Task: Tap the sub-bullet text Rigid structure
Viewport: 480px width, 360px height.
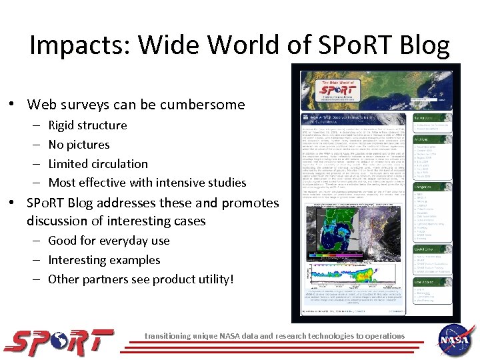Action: pos(87,125)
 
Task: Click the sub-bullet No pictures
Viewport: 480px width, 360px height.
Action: pos(79,145)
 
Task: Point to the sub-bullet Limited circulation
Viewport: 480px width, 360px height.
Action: pos(98,163)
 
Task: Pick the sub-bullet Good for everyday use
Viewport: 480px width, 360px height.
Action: pos(109,241)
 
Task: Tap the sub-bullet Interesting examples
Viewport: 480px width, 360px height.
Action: pos(104,260)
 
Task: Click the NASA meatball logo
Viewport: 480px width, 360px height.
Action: pos(456,339)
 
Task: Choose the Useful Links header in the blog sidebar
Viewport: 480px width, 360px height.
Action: pos(425,248)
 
